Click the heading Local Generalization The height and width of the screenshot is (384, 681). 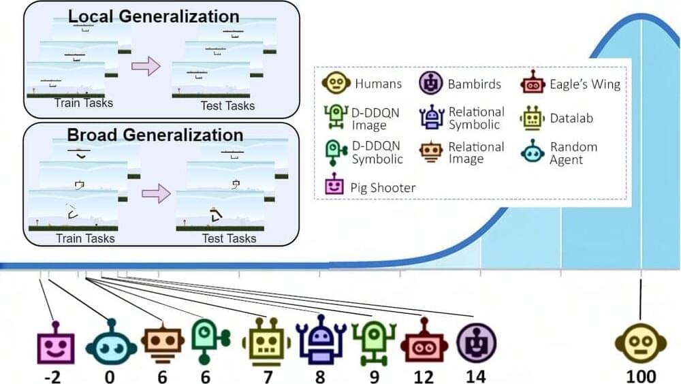(x=154, y=16)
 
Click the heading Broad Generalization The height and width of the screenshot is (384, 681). (x=155, y=134)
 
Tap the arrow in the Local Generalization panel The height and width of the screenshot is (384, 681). (x=144, y=66)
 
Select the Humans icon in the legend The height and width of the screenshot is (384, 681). (x=335, y=84)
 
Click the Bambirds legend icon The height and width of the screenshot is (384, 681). (x=430, y=84)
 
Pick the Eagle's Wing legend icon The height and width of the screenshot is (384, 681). (x=533, y=84)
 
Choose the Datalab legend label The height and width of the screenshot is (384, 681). (x=571, y=118)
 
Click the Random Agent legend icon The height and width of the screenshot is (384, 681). (x=533, y=152)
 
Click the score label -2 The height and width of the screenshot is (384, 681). (x=52, y=375)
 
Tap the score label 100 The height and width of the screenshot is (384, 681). (x=642, y=375)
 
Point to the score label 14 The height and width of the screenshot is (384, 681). (x=475, y=375)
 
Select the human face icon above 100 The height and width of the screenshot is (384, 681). (x=642, y=342)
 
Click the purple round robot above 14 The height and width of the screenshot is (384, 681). (x=476, y=341)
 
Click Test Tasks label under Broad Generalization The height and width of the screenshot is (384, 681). (x=229, y=238)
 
